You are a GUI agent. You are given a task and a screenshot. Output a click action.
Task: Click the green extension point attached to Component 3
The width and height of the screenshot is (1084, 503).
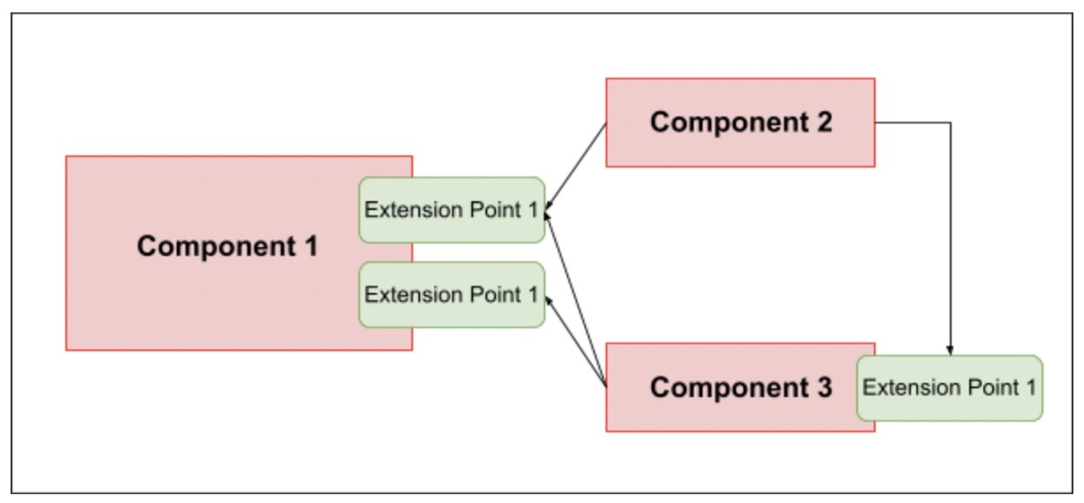(x=950, y=388)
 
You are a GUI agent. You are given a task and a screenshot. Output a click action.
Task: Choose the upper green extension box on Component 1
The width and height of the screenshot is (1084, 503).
(x=451, y=210)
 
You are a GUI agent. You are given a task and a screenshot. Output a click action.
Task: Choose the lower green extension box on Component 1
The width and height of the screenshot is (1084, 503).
(x=451, y=295)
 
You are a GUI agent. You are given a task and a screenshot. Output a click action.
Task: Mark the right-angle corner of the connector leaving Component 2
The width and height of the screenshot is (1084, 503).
(x=950, y=123)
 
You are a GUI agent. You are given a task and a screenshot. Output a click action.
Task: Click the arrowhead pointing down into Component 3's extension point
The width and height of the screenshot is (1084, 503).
(x=950, y=351)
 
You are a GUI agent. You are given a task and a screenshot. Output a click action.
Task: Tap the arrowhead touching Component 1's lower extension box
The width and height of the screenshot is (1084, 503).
(x=549, y=300)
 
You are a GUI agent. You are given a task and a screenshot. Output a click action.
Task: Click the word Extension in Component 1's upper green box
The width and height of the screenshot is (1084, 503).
(x=403, y=210)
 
